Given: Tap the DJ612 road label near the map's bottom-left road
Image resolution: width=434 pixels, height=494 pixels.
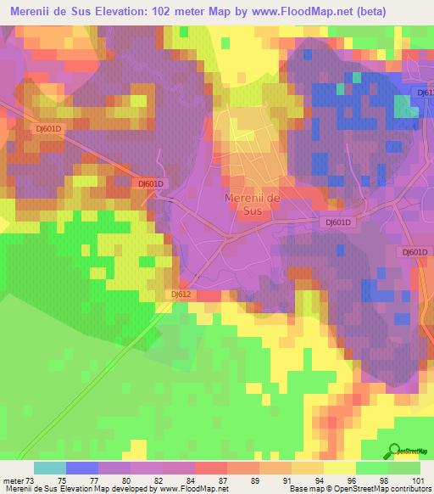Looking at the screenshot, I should click(181, 294).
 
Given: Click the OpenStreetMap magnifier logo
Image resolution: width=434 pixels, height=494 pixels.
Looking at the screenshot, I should click(393, 452).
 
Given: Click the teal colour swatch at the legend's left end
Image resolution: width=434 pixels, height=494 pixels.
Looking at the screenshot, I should click(50, 467).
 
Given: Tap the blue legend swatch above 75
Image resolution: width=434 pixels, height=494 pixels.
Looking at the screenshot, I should click(82, 467).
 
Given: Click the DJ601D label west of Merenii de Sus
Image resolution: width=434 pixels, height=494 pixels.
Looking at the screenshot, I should click(150, 183).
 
